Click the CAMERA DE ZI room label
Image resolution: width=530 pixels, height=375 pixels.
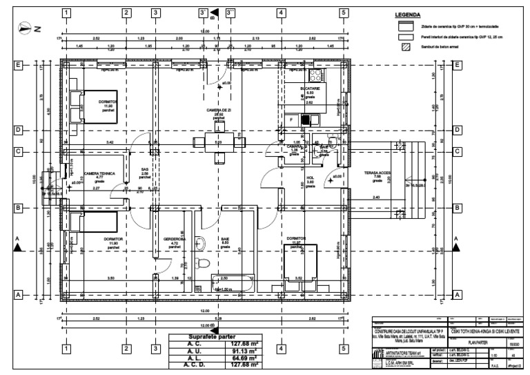(218, 111)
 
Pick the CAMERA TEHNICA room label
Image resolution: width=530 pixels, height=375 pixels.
(99, 174)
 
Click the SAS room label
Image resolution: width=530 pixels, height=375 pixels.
(146, 169)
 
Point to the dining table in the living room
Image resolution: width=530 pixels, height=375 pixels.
(218, 142)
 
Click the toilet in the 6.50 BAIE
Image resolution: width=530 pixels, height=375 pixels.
(201, 263)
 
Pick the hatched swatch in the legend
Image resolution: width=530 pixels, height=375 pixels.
(406, 48)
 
